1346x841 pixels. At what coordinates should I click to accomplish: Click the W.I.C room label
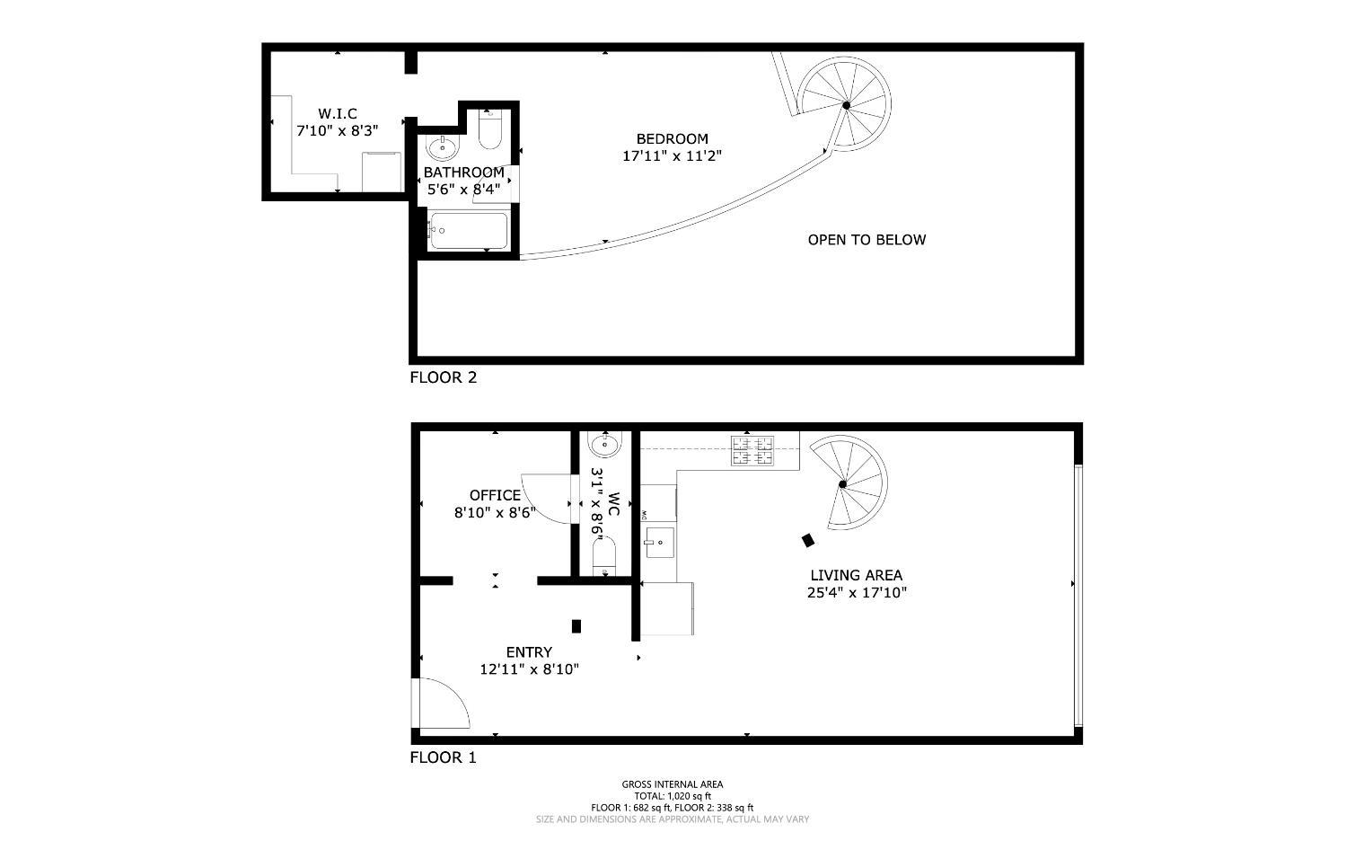click(338, 113)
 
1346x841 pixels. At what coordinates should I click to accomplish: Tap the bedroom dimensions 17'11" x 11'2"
click(673, 155)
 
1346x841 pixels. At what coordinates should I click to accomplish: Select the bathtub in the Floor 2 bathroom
click(468, 231)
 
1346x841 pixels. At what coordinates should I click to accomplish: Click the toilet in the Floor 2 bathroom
click(490, 129)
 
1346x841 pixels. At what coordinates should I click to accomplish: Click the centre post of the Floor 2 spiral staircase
click(846, 105)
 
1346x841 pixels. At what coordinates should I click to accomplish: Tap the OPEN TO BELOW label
click(867, 240)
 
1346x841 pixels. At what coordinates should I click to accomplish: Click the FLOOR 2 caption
click(443, 377)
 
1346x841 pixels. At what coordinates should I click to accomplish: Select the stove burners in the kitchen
click(752, 450)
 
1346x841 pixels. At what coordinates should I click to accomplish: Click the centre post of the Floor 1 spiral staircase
click(842, 484)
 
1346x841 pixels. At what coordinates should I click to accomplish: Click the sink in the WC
click(604, 443)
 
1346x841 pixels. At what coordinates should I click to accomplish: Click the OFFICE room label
click(495, 495)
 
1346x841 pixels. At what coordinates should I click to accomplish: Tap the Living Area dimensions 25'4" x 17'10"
click(857, 593)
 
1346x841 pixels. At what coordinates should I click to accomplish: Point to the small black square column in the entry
click(576, 626)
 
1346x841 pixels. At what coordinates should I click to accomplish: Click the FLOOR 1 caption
click(443, 757)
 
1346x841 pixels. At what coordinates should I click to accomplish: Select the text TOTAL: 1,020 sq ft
click(672, 796)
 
